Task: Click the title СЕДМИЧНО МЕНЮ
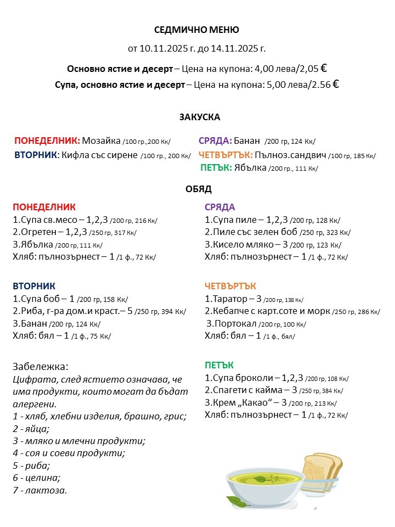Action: pos(196,30)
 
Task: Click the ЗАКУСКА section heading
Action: pos(200,117)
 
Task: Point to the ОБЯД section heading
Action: pos(199,189)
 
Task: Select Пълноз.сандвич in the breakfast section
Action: pos(290,155)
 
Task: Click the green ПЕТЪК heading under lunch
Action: pos(219,365)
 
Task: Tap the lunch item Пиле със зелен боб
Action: pos(252,232)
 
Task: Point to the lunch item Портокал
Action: pos(236,324)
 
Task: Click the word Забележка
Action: pos(41,366)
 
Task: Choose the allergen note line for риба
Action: pos(31,466)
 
